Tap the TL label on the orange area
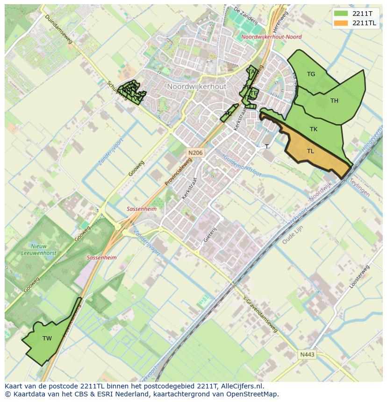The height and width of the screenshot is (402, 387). [310, 151]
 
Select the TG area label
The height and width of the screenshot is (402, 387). [311, 74]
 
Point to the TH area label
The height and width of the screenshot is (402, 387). [334, 100]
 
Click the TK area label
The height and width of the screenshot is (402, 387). [313, 129]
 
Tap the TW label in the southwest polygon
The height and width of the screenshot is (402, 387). [47, 338]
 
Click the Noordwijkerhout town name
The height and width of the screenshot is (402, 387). [196, 87]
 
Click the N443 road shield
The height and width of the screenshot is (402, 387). [307, 354]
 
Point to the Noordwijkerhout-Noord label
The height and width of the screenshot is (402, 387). [272, 36]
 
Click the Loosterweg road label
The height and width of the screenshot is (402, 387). [359, 276]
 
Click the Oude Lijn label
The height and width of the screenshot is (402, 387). [293, 236]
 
